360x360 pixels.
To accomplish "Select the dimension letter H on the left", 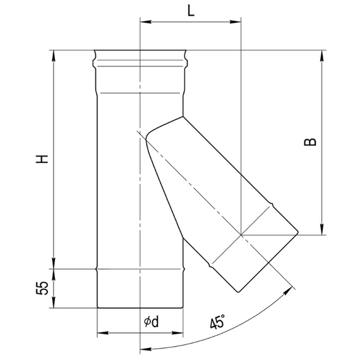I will click(x=42, y=159).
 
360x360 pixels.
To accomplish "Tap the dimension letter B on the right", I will click(x=309, y=143).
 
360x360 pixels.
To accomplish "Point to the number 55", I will click(x=42, y=289).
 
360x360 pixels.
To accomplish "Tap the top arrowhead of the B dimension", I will click(x=323, y=53).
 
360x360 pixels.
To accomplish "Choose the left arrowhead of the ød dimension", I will click(x=101, y=332).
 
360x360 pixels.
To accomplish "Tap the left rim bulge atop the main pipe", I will click(x=93, y=62).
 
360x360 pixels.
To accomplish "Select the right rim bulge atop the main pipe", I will click(x=188, y=62).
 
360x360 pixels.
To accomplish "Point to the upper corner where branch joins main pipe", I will click(x=183, y=116).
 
